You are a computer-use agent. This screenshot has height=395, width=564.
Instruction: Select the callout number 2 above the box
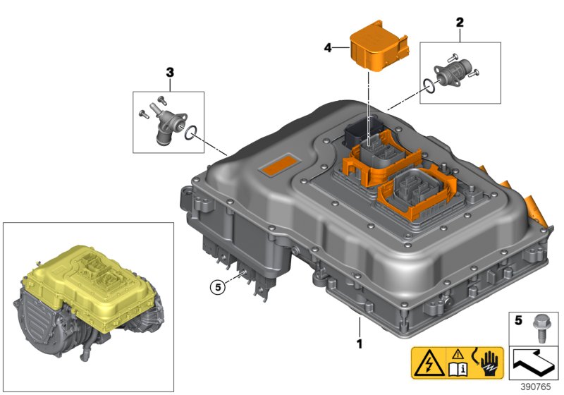(460, 22)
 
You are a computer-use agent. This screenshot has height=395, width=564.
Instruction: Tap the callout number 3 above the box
(169, 72)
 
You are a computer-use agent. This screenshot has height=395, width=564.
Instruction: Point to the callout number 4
(327, 48)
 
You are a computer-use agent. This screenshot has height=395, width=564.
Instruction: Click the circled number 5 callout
(219, 286)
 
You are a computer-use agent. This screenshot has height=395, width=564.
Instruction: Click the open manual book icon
(458, 367)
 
